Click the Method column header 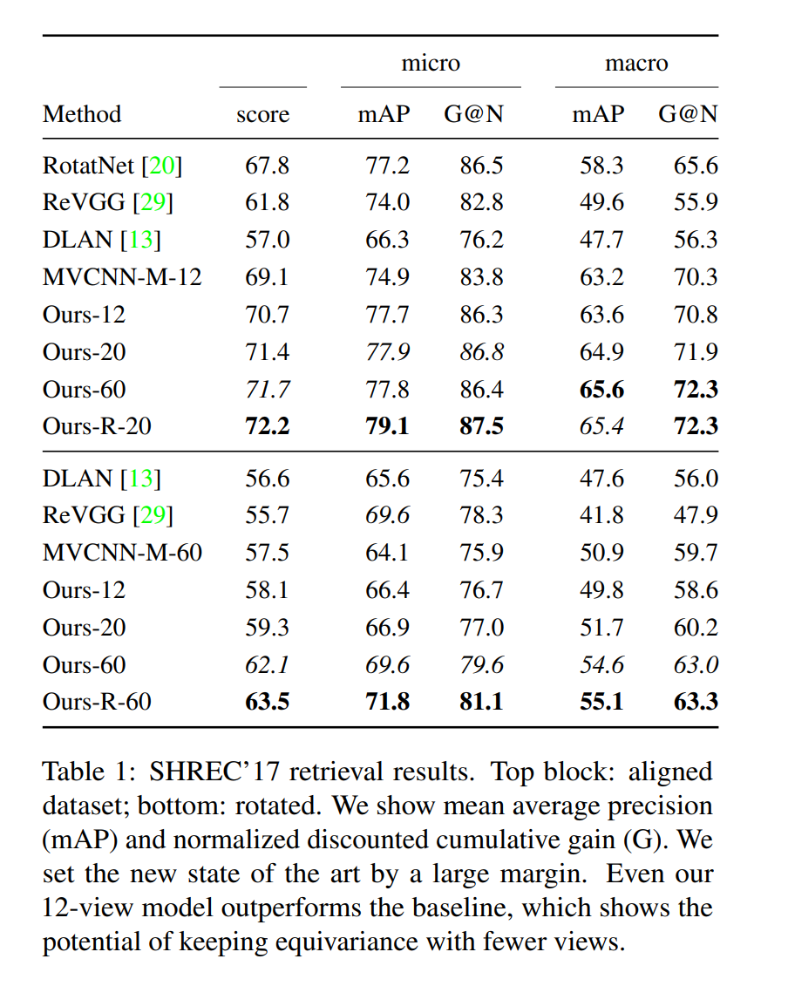[82, 114]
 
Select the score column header [262, 114]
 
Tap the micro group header [431, 63]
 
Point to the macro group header [636, 63]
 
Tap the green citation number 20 [163, 165]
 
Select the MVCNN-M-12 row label [122, 277]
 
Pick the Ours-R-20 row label [96, 427]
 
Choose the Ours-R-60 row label [97, 701]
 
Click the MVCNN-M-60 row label [122, 553]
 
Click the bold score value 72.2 [268, 427]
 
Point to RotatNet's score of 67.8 [268, 165]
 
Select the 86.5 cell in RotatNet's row [482, 165]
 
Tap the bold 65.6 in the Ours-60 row [602, 390]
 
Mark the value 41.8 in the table [602, 515]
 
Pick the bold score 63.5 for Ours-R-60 [268, 701]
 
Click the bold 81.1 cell [482, 701]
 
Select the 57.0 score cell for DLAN [268, 240]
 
